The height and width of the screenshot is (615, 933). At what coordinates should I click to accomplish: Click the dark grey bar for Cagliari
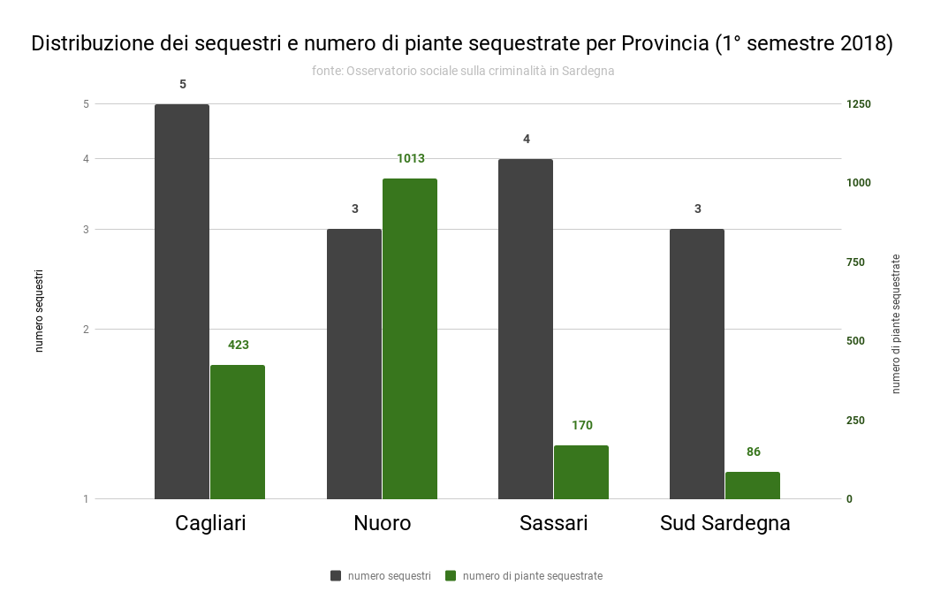point(182,301)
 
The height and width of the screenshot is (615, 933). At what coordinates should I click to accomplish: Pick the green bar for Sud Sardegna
point(753,485)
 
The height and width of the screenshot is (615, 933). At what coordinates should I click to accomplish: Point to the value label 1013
point(411,159)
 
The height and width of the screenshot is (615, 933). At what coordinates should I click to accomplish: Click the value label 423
point(239,345)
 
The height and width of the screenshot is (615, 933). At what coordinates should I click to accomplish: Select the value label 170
point(582,426)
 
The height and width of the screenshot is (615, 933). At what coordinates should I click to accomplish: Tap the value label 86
point(754,452)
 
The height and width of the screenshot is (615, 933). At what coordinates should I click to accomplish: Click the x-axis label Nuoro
point(383,523)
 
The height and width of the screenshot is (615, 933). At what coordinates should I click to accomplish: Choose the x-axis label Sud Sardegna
point(725,523)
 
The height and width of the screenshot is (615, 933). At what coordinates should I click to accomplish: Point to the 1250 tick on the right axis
point(858,104)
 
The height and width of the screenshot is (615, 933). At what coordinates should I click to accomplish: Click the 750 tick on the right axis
point(855,262)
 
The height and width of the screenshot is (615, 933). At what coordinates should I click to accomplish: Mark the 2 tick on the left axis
point(87,330)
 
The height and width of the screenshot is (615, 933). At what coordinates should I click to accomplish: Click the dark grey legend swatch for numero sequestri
point(336,576)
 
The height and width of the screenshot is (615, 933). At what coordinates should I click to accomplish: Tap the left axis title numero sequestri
point(39,312)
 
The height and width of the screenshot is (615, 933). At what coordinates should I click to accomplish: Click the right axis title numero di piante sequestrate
point(896,323)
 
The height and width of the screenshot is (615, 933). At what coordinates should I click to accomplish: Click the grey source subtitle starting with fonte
point(463,71)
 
